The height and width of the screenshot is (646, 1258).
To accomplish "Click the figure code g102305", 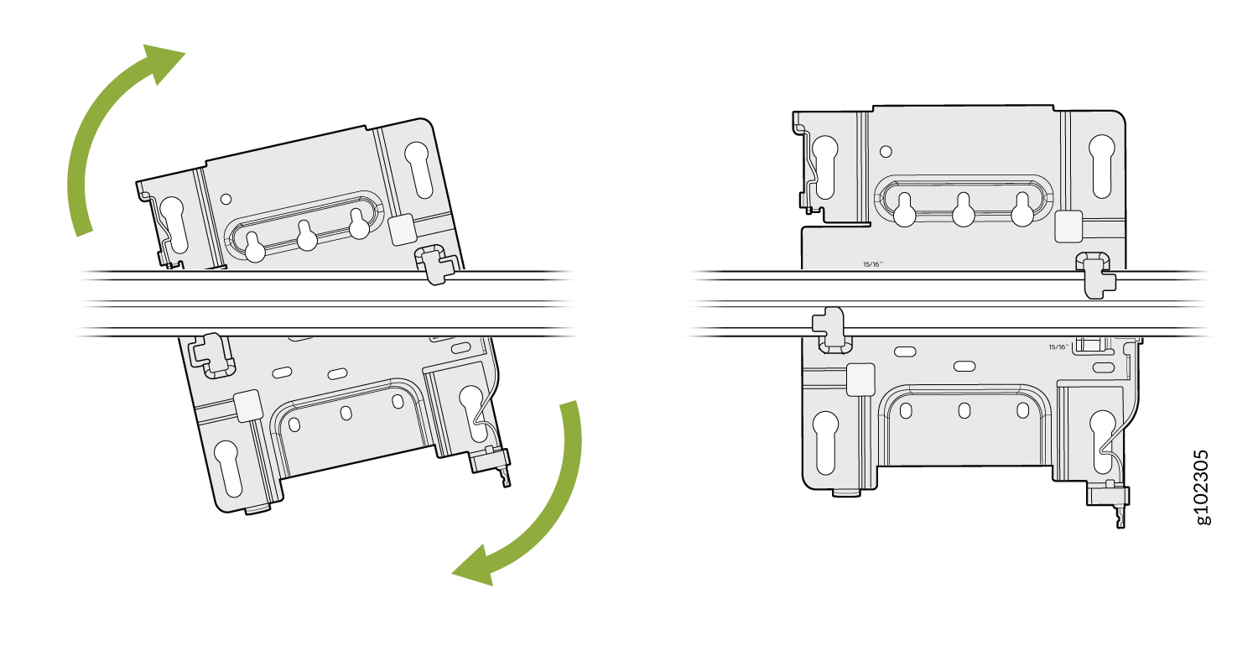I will (x=1203, y=487).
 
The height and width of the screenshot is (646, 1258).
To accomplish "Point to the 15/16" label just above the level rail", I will (x=873, y=263).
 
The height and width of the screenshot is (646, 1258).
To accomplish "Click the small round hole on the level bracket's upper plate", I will (x=885, y=152).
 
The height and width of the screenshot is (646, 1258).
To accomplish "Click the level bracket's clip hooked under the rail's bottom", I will (x=829, y=328).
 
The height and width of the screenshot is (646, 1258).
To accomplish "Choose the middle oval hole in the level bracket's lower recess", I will (x=964, y=409).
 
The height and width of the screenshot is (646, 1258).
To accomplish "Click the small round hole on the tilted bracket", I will (x=225, y=199).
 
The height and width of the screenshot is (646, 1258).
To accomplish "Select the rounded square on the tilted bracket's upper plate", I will (x=402, y=227).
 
